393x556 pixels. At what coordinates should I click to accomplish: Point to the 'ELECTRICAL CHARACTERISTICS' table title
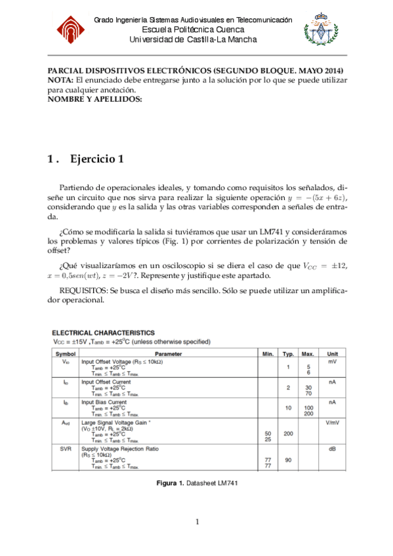(104, 333)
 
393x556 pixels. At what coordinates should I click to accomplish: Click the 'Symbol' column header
(65, 353)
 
